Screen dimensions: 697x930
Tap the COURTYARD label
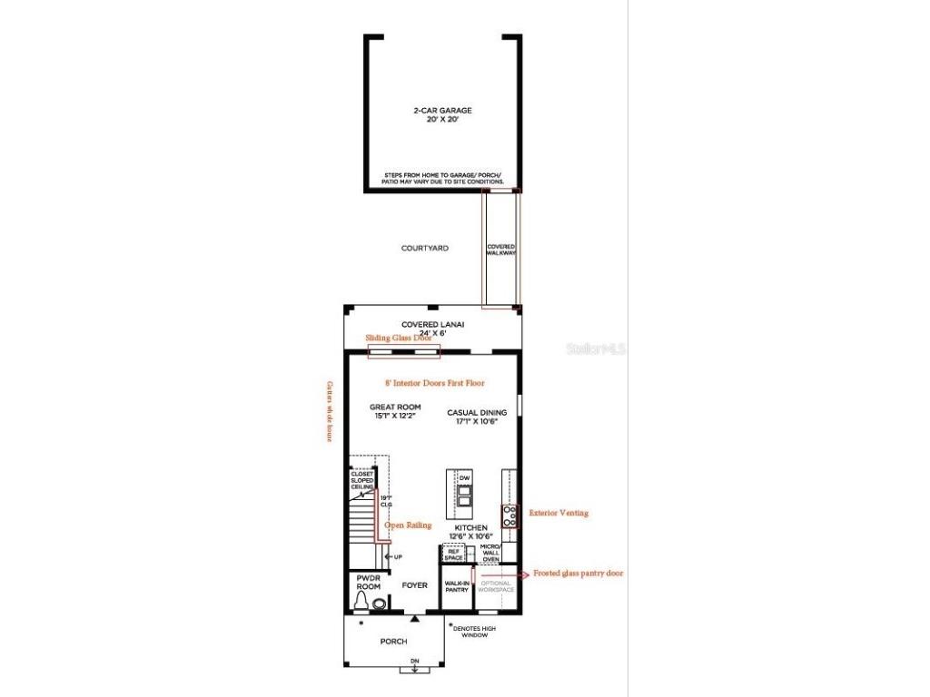425,248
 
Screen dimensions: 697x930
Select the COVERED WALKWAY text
500,250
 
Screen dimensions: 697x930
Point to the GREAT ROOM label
395,411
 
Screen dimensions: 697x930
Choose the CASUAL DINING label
477,417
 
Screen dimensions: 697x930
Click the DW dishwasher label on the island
464,477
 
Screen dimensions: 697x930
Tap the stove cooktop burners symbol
510,516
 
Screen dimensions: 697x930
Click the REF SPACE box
453,554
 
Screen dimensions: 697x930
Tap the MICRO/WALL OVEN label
490,554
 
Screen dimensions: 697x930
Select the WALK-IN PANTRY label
456,586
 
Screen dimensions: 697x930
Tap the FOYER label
414,585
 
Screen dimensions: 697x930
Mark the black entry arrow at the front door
414,618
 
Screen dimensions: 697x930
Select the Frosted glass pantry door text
578,573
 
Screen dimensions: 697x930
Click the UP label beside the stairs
397,556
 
